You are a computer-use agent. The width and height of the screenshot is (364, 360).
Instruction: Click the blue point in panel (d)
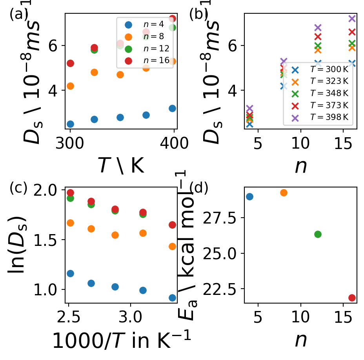click(x=249, y=196)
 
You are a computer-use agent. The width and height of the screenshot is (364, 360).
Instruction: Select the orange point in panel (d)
click(x=284, y=193)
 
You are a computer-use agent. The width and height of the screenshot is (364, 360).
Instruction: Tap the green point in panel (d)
click(x=318, y=234)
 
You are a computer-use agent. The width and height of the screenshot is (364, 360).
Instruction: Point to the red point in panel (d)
click(x=352, y=298)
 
